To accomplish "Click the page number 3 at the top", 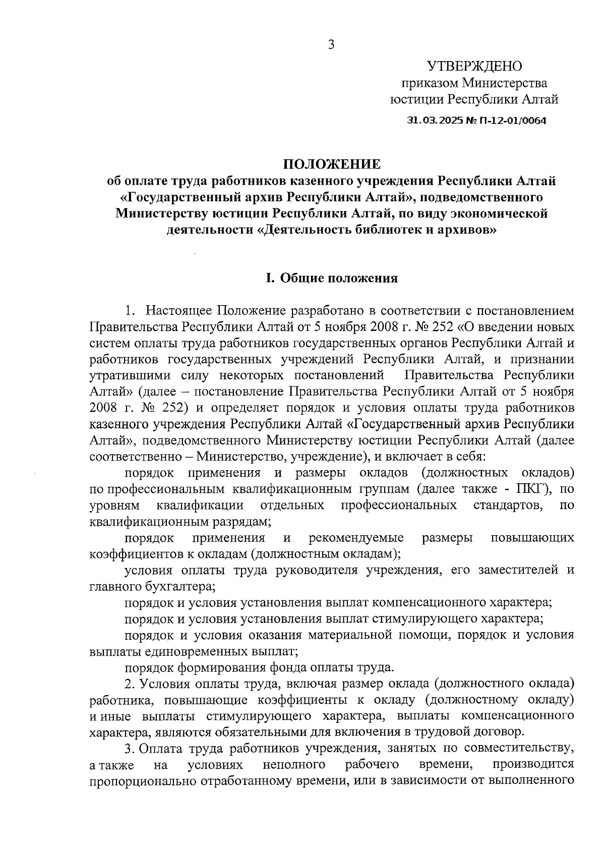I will pyautogui.click(x=331, y=45).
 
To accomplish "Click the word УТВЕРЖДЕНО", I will pyautogui.click(x=474, y=66).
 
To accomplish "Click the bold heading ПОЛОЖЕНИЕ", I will pyautogui.click(x=331, y=164).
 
